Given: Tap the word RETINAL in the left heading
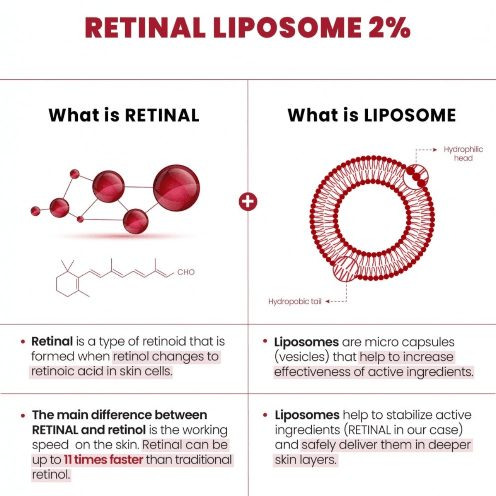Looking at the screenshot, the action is pyautogui.click(x=162, y=115).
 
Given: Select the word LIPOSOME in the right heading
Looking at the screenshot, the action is pyautogui.click(x=409, y=115).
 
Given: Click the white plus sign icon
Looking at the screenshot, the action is pyautogui.click(x=248, y=201).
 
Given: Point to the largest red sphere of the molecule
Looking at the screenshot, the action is pyautogui.click(x=176, y=188).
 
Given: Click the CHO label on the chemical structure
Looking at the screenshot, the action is pyautogui.click(x=186, y=272).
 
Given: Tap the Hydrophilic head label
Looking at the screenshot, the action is pyautogui.click(x=463, y=154).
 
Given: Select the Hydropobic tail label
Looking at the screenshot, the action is pyautogui.click(x=295, y=301).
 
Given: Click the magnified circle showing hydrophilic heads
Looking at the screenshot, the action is pyautogui.click(x=415, y=177).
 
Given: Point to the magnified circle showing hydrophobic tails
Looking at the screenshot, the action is pyautogui.click(x=346, y=269).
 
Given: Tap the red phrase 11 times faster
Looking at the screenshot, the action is pyautogui.click(x=103, y=460).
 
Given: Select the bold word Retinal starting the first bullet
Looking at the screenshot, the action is pyautogui.click(x=52, y=341).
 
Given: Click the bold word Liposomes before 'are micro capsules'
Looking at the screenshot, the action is pyautogui.click(x=306, y=342).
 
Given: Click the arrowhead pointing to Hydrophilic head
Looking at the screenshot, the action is pyautogui.click(x=435, y=150).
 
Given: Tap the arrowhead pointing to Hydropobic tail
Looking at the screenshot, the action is pyautogui.click(x=327, y=301).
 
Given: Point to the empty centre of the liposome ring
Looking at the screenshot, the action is pyautogui.click(x=372, y=218).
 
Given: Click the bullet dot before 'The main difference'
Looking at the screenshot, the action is pyautogui.click(x=23, y=415).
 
